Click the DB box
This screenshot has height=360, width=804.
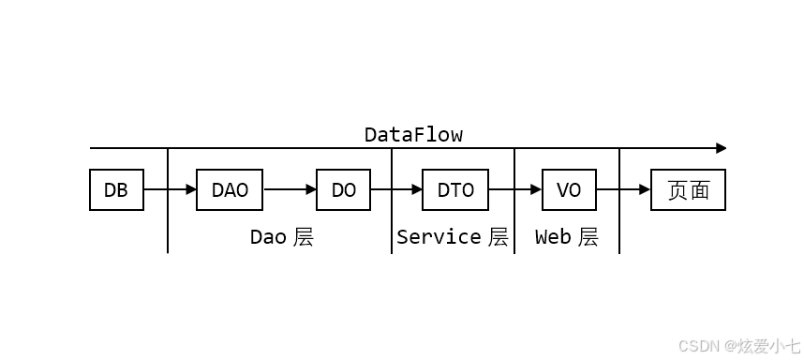[116, 190]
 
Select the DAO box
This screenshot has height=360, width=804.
[230, 190]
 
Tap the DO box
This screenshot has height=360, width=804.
[344, 190]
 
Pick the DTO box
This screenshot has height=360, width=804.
[455, 190]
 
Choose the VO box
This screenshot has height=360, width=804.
[569, 190]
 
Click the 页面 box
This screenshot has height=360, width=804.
[688, 190]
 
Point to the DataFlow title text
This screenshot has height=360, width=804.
[413, 135]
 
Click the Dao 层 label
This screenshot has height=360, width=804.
[281, 237]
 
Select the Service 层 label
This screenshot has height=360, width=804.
[453, 237]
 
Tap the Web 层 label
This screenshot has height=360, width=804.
[566, 237]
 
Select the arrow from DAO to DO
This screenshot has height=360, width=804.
[290, 190]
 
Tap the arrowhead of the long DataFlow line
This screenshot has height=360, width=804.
[721, 148]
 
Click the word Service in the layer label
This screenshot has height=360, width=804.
[439, 237]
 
